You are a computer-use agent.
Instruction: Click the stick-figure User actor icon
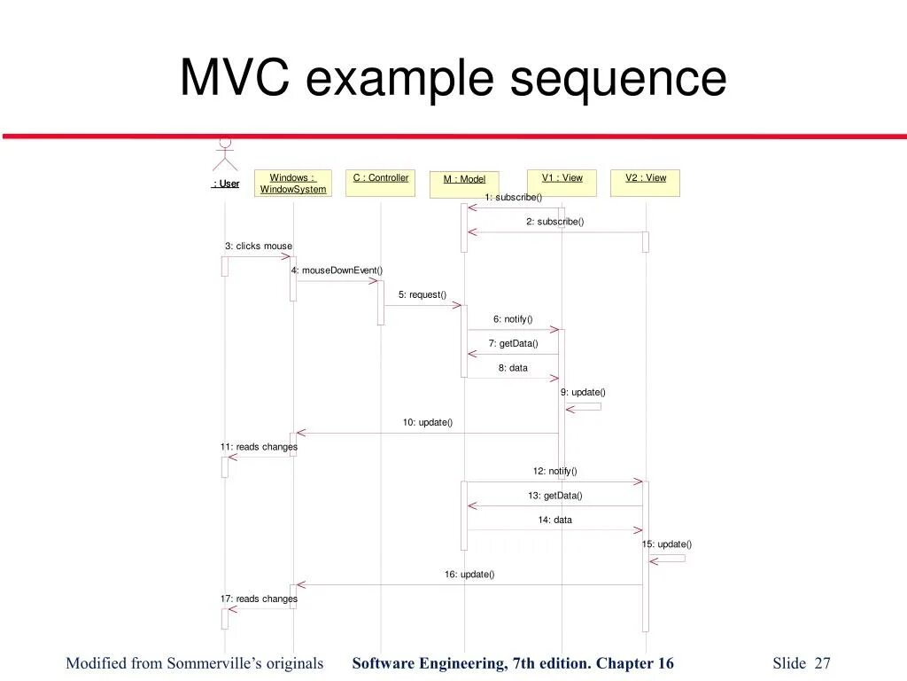pos(225,154)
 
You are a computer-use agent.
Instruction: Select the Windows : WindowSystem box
pos(293,184)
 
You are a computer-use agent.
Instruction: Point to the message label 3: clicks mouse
pos(258,246)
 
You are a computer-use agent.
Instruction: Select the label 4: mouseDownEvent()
pos(337,270)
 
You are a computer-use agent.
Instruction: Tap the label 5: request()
pos(422,294)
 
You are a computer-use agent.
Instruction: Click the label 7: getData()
pos(513,343)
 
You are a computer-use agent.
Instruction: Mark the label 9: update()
pos(583,392)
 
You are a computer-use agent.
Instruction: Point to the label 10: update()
pos(428,422)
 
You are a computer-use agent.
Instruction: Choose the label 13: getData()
pos(555,496)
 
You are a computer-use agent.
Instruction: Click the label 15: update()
pos(667,544)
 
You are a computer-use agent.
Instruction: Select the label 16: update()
pos(469,575)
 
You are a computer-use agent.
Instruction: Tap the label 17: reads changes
pos(259,599)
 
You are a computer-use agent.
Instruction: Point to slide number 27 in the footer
pos(823,663)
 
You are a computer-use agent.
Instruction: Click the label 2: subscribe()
pos(555,222)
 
